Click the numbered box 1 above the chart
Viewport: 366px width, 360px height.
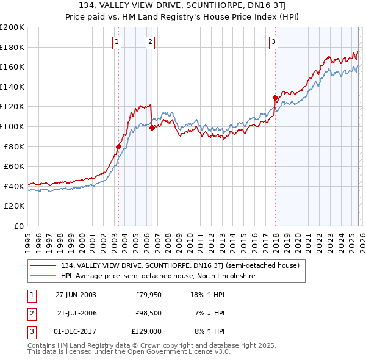pos(117,42)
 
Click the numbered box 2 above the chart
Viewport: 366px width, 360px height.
pos(150,42)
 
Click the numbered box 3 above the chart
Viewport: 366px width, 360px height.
pos(274,42)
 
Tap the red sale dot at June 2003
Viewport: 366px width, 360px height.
pos(118,146)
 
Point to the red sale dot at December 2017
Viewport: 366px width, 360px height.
pos(275,98)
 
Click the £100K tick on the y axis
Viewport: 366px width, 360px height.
pos(13,126)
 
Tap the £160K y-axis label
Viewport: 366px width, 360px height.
pos(13,67)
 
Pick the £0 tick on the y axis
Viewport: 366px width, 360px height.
pos(18,226)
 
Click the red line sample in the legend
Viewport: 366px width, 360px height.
pos(44,266)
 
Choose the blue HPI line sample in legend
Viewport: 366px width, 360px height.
pos(44,276)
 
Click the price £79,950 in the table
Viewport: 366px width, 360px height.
pos(148,295)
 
